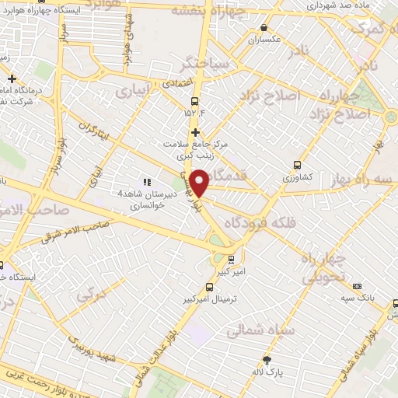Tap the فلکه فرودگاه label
[253, 222]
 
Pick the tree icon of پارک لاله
[267, 360]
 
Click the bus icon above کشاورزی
[297, 165]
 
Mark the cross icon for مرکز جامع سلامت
[195, 132]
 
